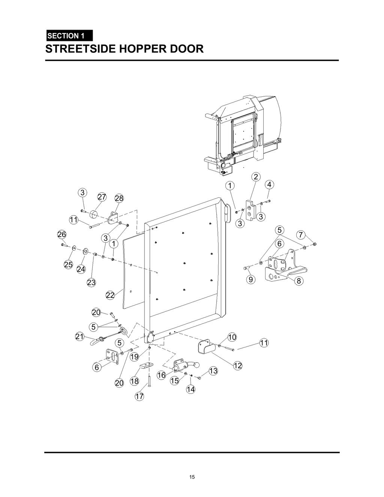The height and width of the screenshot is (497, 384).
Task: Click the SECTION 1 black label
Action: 69,36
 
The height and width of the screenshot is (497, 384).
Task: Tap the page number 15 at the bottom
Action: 192,477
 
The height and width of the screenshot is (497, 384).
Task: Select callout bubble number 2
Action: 255,177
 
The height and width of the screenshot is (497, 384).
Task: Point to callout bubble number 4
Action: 269,185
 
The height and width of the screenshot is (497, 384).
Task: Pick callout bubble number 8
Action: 298,281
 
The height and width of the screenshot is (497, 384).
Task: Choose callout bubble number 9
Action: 250,279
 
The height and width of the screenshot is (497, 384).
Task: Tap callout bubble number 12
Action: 238,365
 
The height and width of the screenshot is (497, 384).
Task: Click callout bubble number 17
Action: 139,396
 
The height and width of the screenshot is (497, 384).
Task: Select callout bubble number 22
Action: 110,295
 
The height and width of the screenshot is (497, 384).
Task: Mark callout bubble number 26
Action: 61,234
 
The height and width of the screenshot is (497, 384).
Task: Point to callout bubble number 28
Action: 119,198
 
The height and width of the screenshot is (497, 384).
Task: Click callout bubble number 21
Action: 79,337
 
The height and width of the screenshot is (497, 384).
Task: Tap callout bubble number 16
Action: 161,375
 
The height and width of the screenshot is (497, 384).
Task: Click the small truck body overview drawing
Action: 242,135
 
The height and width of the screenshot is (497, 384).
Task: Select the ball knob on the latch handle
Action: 196,364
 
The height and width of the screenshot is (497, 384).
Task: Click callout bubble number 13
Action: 213,371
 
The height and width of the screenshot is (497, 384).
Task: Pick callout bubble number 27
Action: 102,197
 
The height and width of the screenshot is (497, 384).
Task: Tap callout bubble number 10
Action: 232,337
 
